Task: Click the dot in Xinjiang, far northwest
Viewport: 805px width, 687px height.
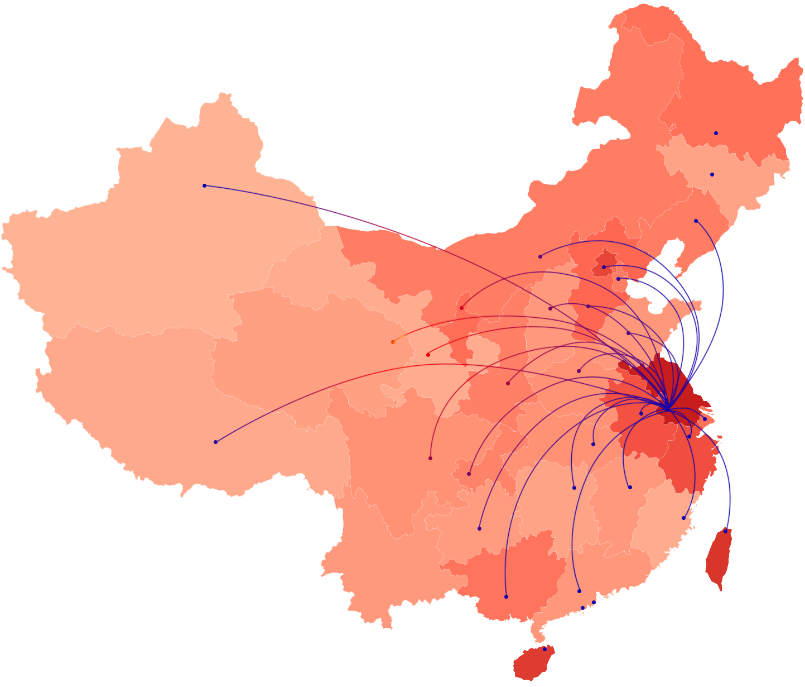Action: (x=204, y=185)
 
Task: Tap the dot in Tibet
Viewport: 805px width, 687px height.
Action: (x=215, y=442)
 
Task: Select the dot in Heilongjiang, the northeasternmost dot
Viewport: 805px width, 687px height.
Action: (x=716, y=133)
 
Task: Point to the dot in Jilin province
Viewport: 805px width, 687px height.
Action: (x=712, y=174)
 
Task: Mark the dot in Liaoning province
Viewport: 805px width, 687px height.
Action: (x=696, y=221)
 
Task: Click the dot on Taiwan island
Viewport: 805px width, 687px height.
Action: (x=725, y=531)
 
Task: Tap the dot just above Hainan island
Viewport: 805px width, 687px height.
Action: (x=545, y=649)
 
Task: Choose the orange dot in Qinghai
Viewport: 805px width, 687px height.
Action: (x=393, y=342)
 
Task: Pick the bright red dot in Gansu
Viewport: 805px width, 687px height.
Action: (x=428, y=355)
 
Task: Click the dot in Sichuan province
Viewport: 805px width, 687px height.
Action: (x=430, y=458)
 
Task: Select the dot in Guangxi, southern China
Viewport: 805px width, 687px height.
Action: (x=506, y=597)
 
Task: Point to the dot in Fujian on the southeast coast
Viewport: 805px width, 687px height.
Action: (x=683, y=518)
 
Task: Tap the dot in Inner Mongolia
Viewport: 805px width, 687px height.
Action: (x=540, y=256)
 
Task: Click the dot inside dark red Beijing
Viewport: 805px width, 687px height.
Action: (x=604, y=267)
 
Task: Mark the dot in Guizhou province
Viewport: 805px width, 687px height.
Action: (x=479, y=528)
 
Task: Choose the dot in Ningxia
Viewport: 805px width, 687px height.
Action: (x=461, y=308)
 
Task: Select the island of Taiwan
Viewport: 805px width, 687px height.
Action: (x=718, y=559)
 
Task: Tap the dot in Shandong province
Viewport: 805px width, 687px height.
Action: (x=628, y=333)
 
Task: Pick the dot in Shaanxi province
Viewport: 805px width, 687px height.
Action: (x=508, y=383)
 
